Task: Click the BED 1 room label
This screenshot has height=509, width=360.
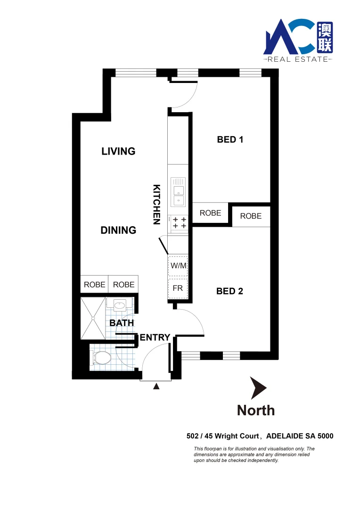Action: [x=229, y=140]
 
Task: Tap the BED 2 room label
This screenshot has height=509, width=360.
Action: [x=229, y=291]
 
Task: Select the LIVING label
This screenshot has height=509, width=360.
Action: [x=118, y=151]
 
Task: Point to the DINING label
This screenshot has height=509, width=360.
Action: [x=118, y=230]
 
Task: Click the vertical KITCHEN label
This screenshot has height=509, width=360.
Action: [x=157, y=204]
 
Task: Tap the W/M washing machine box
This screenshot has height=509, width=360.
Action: [x=179, y=266]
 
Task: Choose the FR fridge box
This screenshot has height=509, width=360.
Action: [x=178, y=288]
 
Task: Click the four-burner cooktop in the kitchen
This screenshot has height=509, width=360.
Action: [x=179, y=223]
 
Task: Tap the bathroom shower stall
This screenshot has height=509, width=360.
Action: [x=92, y=318]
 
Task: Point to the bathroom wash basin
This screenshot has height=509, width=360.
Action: [x=120, y=305]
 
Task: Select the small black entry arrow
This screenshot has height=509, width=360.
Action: [x=156, y=387]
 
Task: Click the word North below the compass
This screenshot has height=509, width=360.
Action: [x=256, y=410]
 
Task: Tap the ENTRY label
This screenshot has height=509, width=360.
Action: [x=155, y=337]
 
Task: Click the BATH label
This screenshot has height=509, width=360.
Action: [x=122, y=323]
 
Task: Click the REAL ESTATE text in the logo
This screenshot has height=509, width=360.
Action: [x=298, y=59]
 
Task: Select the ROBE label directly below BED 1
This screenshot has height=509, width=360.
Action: [x=210, y=213]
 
